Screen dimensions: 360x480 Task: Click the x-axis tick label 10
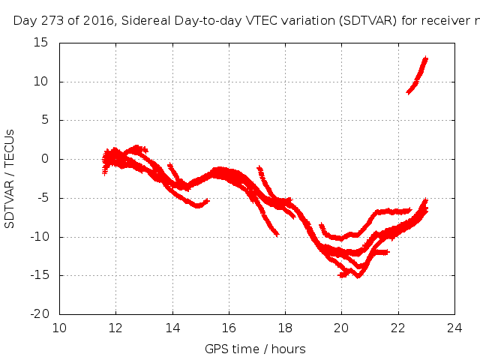pos(59,328)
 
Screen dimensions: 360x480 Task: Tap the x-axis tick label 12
pos(115,328)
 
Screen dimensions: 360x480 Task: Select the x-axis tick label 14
pos(172,328)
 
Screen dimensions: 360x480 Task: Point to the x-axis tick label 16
pos(229,328)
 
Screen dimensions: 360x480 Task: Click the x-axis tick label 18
pos(285,328)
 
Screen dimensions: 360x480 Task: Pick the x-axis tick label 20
pos(341,328)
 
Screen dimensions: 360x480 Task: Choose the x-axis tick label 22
pos(397,328)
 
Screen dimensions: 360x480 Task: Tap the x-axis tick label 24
pos(454,328)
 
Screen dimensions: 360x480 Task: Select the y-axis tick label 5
pos(45,120)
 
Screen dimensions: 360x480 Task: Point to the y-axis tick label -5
pos(43,198)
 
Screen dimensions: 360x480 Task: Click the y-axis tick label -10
pos(40,237)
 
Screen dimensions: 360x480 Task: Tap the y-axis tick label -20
pos(40,314)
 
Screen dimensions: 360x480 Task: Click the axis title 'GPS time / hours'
pos(256,349)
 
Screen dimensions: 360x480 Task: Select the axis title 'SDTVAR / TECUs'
pos(10,178)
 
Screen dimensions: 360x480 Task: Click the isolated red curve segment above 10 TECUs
pos(417,76)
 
